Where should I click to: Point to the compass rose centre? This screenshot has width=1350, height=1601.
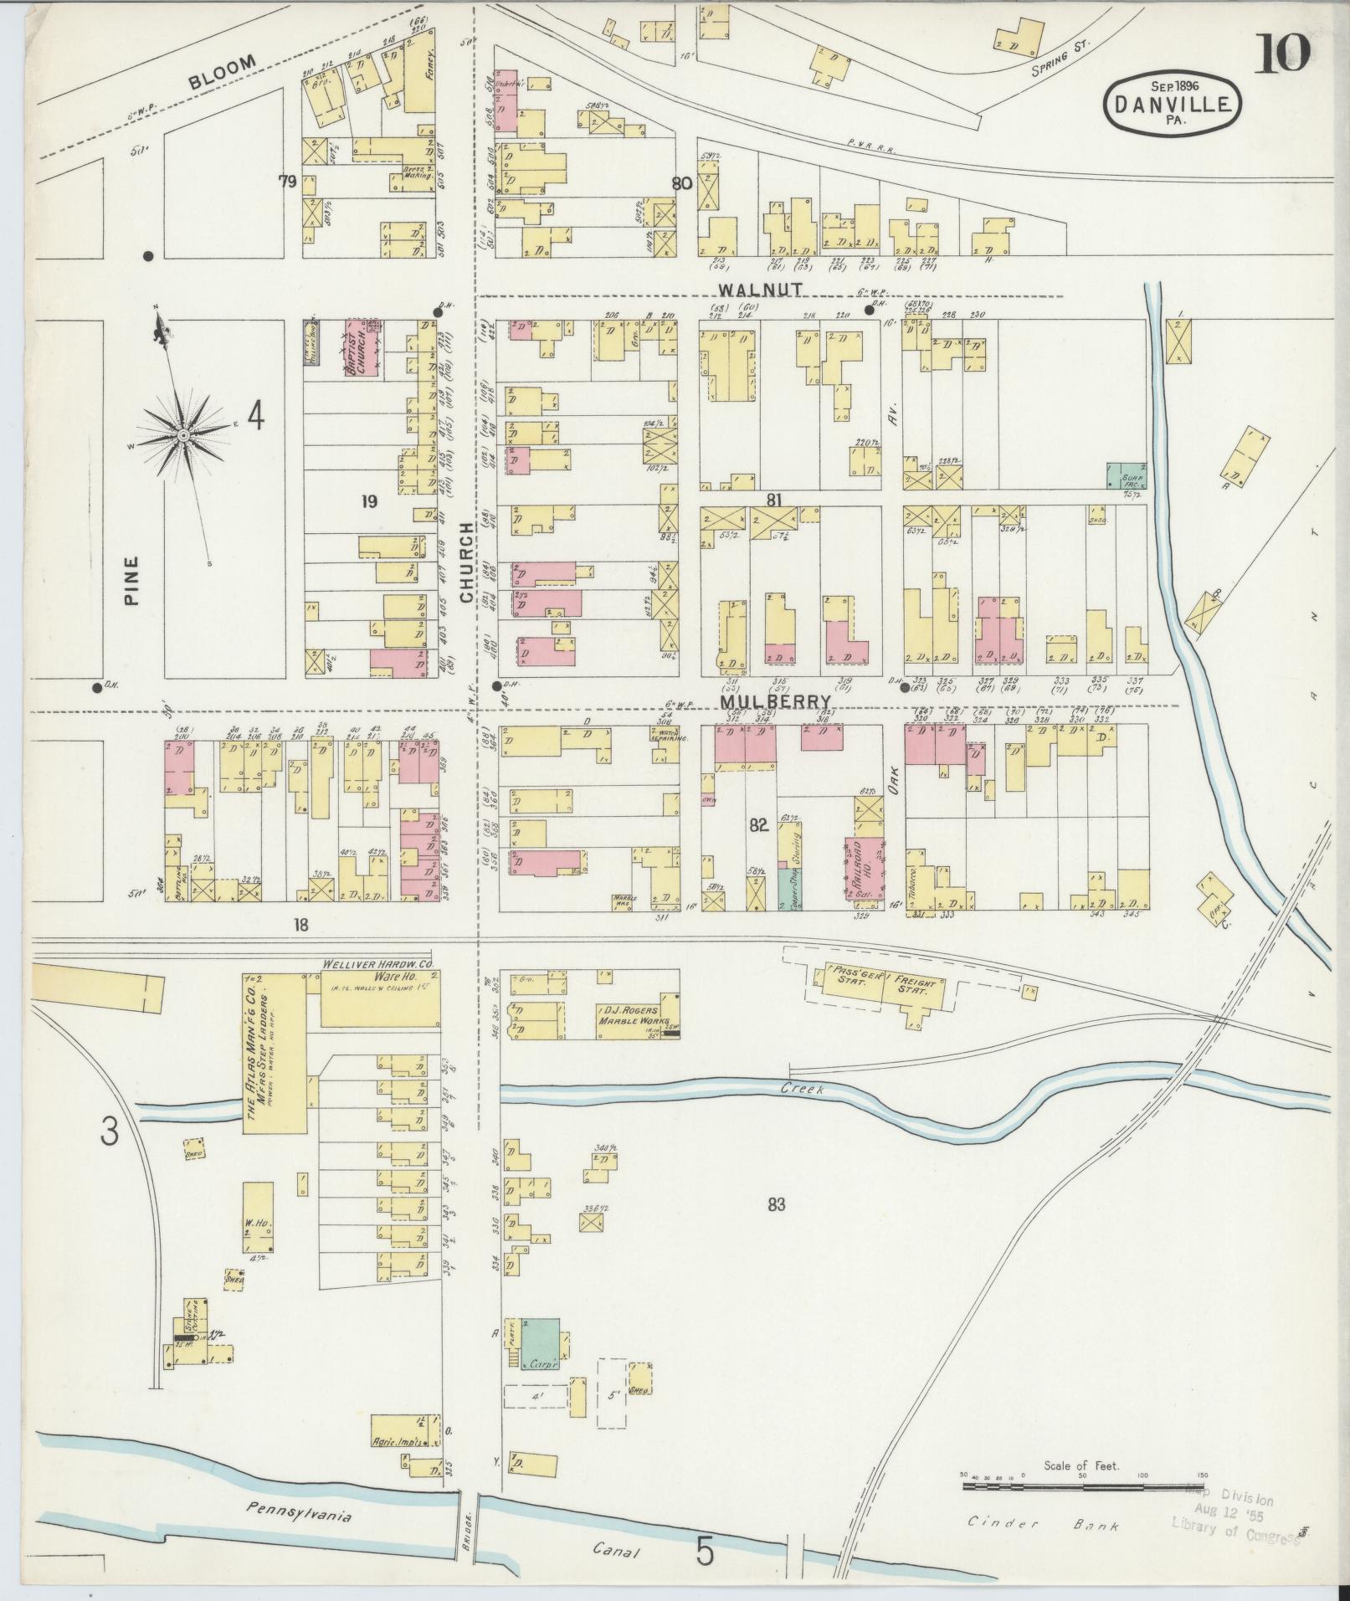(x=182, y=435)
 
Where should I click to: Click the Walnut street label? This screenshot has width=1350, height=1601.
(x=760, y=288)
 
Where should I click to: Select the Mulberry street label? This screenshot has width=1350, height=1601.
(x=778, y=701)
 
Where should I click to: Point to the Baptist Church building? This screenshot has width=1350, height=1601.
(x=362, y=346)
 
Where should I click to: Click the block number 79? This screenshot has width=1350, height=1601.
(x=288, y=182)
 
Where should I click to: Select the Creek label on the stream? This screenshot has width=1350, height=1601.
(x=803, y=1089)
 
